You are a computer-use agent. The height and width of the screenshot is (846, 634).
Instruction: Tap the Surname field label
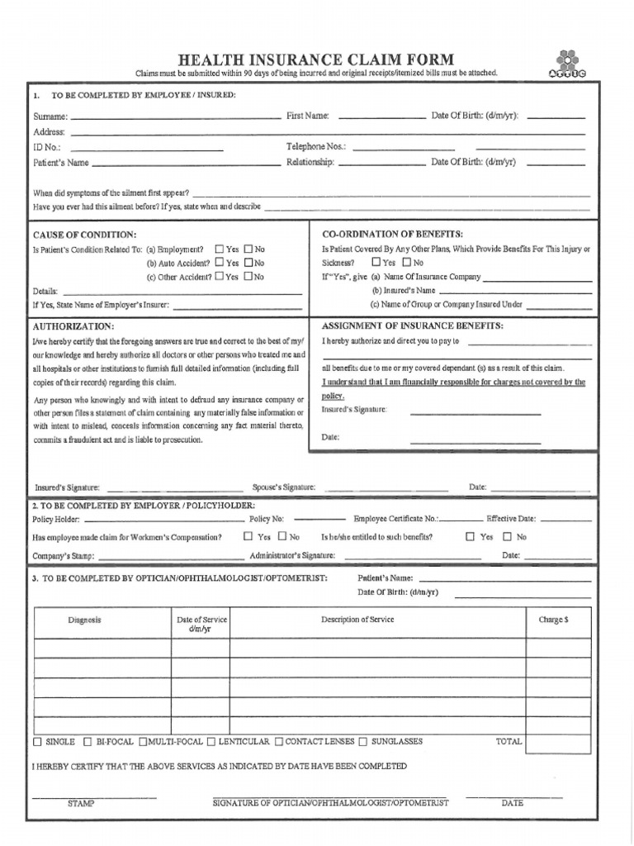coord(50,116)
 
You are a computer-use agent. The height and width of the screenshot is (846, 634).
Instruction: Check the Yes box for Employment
coord(219,249)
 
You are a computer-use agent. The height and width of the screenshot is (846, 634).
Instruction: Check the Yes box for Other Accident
coord(219,277)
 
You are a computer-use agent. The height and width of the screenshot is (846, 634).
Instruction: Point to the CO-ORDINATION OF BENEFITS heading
coord(392,234)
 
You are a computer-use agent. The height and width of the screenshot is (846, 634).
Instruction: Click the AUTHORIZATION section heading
coord(73,326)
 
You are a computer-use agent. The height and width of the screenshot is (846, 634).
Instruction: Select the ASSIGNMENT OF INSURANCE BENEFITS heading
coord(412,326)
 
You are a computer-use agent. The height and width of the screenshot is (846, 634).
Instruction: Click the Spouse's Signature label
coord(283,487)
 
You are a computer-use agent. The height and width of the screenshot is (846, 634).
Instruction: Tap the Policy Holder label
coord(56,519)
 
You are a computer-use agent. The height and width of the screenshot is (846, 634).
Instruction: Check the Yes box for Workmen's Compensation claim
coord(248,536)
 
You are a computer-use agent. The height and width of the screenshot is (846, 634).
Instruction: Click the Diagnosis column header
coord(84,620)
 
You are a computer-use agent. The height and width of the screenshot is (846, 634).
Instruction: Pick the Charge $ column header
coord(552,620)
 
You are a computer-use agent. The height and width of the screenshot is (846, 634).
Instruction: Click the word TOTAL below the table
coord(509,742)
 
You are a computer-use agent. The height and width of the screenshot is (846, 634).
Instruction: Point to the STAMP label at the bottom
coord(81,803)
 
